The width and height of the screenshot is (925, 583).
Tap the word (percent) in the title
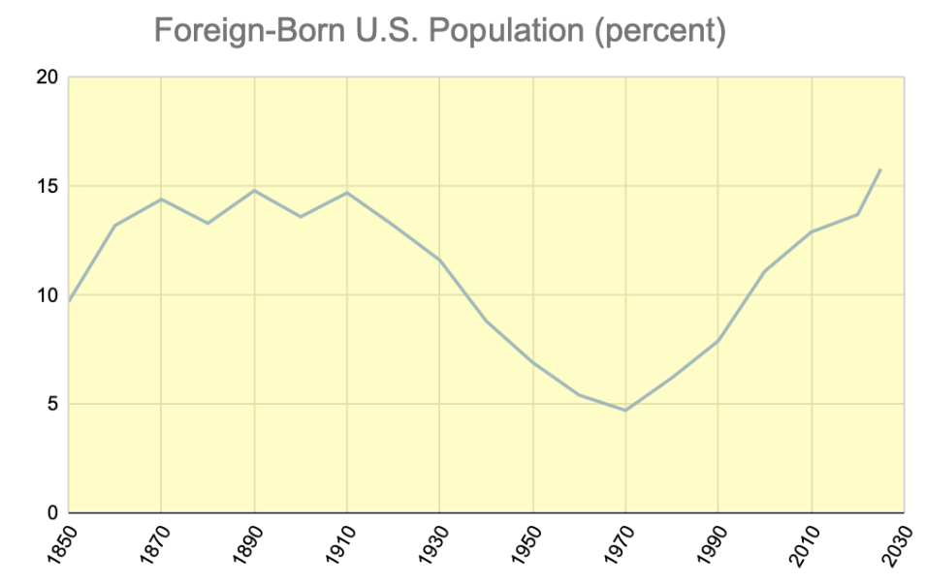click(x=660, y=31)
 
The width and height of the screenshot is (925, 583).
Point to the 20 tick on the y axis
click(x=47, y=77)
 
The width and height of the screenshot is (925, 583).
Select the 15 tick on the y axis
click(x=47, y=186)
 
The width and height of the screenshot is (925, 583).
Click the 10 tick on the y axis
click(x=47, y=295)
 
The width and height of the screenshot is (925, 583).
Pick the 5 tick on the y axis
click(x=50, y=404)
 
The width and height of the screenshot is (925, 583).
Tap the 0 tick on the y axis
click(x=50, y=512)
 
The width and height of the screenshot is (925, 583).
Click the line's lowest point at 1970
click(x=625, y=411)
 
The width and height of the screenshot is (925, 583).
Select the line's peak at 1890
click(x=254, y=190)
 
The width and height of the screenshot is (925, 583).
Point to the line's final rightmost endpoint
click(x=880, y=169)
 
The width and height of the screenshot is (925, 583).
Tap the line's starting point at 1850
click(x=69, y=301)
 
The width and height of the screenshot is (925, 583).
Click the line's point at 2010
click(x=811, y=231)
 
